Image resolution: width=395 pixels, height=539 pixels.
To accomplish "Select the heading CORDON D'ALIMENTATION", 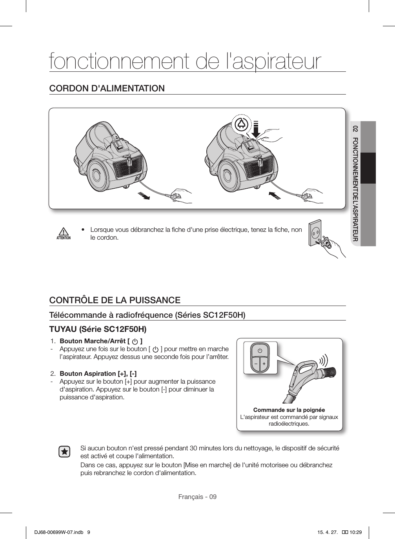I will tap(107, 88).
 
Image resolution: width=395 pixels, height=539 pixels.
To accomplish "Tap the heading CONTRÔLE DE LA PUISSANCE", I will tap(115, 300).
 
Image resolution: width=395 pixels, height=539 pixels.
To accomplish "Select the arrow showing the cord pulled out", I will tap(144, 195).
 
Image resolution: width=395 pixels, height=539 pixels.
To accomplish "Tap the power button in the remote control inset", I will tap(260, 350).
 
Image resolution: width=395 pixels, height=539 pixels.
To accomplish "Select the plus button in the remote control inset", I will tap(264, 363).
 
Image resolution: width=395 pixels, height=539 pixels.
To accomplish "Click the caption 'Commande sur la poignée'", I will tap(289, 410).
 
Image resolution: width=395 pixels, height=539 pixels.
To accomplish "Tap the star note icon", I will tap(64, 452).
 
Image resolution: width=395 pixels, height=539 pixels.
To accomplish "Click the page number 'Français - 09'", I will tap(197, 497).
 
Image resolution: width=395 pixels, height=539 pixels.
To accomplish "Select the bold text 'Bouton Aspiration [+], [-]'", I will tap(98, 373).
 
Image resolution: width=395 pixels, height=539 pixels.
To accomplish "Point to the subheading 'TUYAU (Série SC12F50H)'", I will tap(98, 328).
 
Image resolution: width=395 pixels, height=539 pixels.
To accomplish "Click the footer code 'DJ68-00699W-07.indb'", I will tap(55, 532).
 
